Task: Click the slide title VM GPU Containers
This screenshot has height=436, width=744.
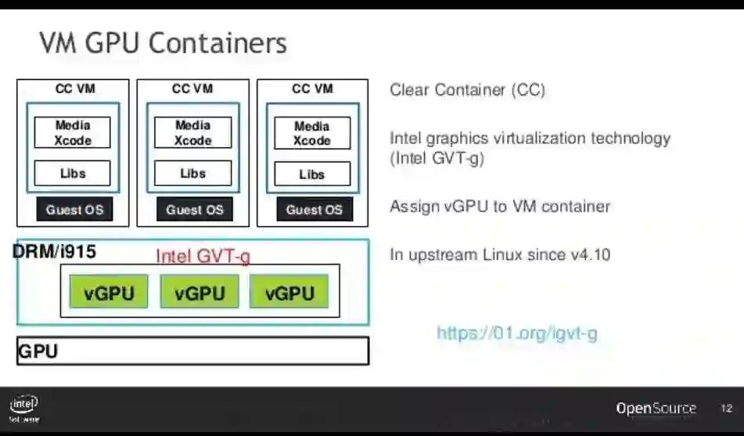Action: coord(163,43)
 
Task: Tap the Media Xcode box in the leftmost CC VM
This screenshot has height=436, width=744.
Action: coord(73,133)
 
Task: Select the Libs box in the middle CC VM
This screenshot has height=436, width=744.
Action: coord(192,173)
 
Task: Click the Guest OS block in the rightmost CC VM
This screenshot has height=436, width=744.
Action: coord(314,210)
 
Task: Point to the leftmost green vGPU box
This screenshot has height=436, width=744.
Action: coord(109,294)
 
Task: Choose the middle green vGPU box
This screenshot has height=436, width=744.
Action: coord(199,294)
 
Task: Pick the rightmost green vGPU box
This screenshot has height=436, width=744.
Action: coord(289,294)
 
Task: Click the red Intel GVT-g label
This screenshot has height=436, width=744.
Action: coord(203,256)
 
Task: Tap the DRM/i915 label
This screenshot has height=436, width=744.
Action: coord(54,252)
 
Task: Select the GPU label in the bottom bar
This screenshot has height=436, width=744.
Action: coord(38,351)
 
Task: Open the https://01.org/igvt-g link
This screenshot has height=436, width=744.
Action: coord(516,333)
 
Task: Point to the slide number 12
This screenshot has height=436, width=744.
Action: coord(725,409)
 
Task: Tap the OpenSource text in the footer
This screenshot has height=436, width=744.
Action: coord(656,409)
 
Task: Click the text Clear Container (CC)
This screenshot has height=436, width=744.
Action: coord(467,90)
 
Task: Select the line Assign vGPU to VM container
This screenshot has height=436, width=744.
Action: coord(500,207)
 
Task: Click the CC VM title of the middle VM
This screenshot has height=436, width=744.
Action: coord(192,89)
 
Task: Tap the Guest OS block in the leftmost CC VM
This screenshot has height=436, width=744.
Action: coord(74,210)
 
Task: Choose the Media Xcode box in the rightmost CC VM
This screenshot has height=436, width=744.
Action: coord(312,133)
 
